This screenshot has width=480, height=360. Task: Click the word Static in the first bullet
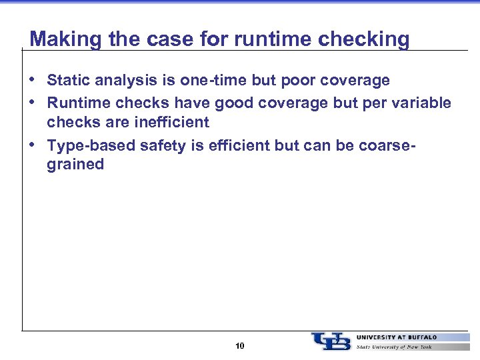pyautogui.click(x=67, y=81)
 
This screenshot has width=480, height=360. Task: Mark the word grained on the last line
pyautogui.click(x=75, y=164)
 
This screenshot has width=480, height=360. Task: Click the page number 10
pyautogui.click(x=240, y=346)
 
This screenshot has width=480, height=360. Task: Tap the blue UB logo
pyautogui.click(x=331, y=341)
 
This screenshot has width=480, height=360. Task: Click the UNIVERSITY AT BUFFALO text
pyautogui.click(x=397, y=337)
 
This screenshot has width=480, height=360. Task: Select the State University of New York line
pyautogui.click(x=394, y=347)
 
